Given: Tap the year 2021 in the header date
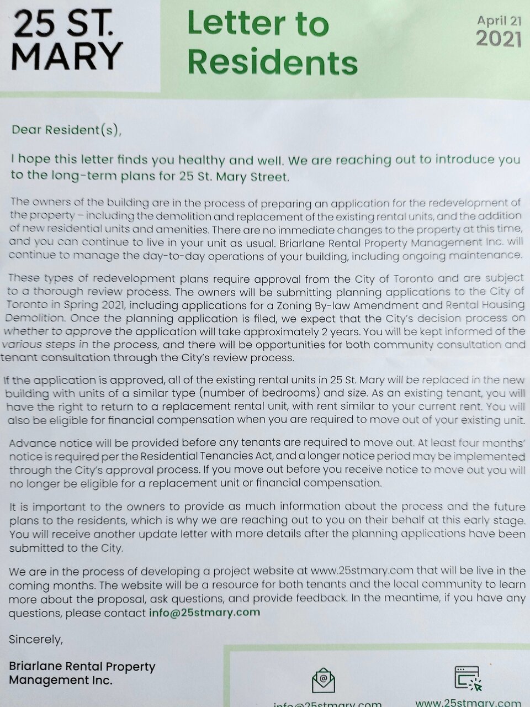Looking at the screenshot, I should (499, 39).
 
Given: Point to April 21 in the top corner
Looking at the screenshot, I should (499, 20).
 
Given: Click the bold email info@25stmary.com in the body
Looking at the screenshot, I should (204, 612).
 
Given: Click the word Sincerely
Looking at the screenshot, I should (36, 639).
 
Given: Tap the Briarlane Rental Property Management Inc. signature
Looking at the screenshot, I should (82, 673).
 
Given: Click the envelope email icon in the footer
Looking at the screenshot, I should (324, 680).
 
